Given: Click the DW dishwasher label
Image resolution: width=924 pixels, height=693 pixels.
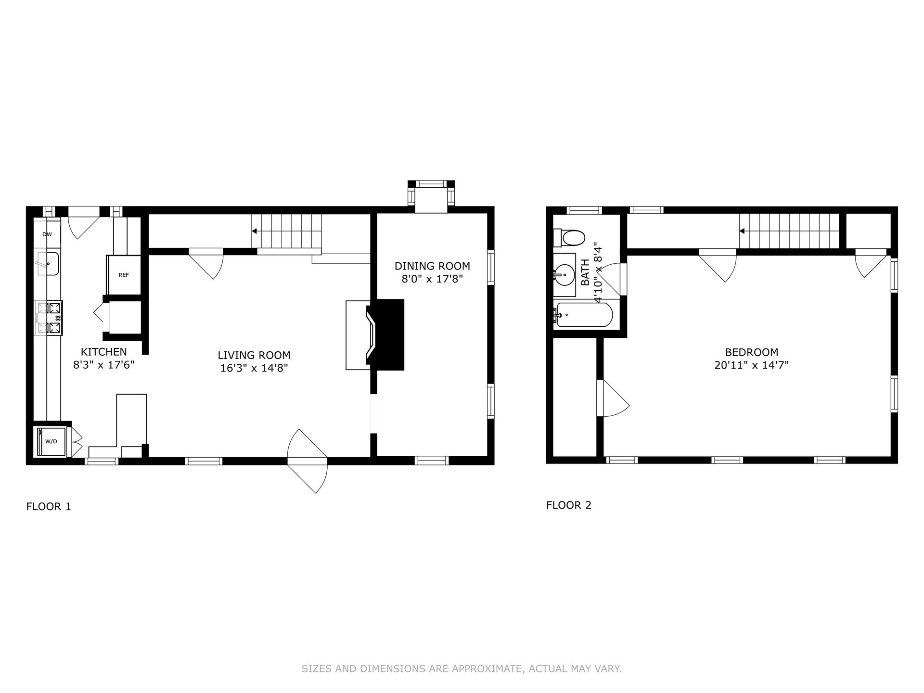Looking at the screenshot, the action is coord(47,234).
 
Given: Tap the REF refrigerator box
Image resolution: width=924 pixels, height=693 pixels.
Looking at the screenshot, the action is coord(124,275).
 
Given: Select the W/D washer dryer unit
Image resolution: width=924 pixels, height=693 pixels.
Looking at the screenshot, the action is coord(51,441).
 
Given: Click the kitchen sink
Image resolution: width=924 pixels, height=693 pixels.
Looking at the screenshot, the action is coord(48,263).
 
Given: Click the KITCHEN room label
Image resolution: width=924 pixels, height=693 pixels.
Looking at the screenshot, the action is coord(103,352).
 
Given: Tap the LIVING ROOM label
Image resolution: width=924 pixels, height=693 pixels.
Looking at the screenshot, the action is coord(254,355).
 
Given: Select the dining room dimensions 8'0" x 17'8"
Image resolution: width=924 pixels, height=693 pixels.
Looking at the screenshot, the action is coord(432,279).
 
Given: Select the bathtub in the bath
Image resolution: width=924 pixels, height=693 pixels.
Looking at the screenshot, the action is coord(583,315).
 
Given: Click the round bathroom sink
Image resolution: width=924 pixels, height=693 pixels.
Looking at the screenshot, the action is coord(564,275).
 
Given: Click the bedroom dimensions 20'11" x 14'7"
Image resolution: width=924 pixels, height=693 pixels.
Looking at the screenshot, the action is coord(751,365).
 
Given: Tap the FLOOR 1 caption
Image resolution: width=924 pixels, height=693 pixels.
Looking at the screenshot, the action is coord(49,506).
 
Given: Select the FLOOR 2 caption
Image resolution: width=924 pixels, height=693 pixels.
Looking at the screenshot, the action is coord(569,505).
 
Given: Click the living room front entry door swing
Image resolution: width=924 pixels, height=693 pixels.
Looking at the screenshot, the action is coord(308,461).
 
